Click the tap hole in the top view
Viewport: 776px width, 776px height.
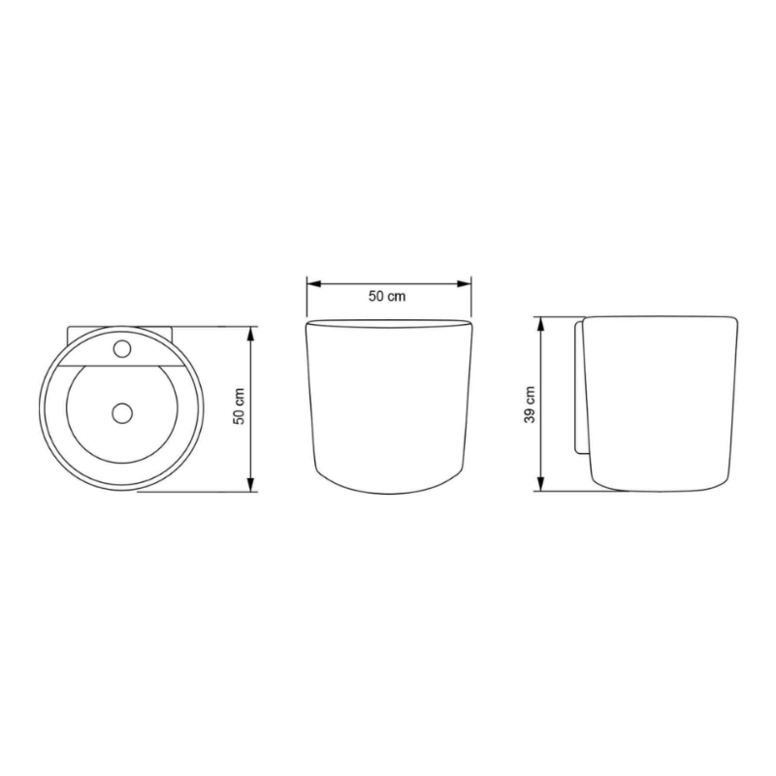click(x=122, y=349)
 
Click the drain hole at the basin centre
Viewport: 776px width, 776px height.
click(x=122, y=413)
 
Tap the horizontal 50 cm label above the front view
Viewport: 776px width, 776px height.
click(x=387, y=296)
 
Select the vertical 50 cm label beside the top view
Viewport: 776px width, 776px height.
click(x=240, y=405)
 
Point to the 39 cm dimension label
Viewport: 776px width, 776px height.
click(x=530, y=404)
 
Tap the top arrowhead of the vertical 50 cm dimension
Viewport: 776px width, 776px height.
click(x=250, y=334)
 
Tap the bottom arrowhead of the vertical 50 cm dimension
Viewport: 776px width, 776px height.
click(x=250, y=484)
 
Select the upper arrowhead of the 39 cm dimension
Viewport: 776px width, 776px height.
click(x=541, y=324)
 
